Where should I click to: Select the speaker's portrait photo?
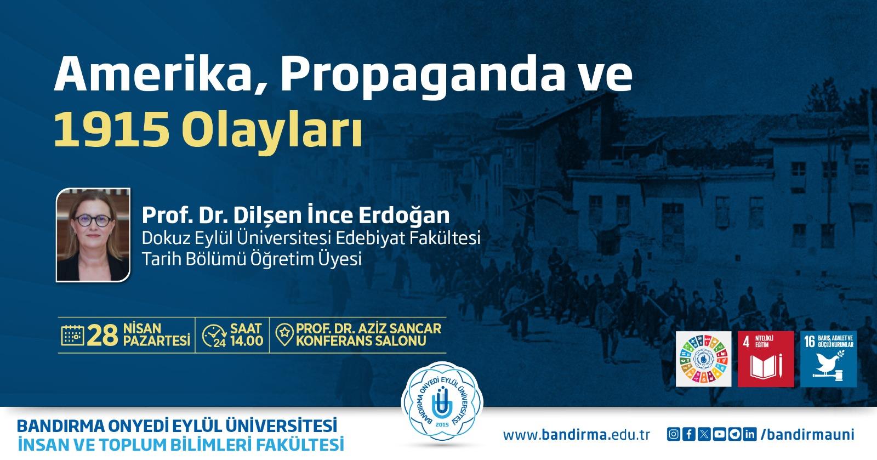coord(93,235)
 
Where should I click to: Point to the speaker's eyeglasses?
coord(93,220)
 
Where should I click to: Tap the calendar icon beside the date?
coord(72,335)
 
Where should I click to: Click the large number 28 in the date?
coord(102,336)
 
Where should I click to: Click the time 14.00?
coord(247,341)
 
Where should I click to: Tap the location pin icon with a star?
coord(284,335)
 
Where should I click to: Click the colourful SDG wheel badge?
coord(704,359)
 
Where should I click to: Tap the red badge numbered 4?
coord(766,359)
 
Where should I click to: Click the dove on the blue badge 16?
coord(828,362)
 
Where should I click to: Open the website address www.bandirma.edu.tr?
coord(576,435)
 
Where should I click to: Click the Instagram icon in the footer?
coord(674,434)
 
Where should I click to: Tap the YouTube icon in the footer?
coord(719,434)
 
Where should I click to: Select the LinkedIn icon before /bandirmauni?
coord(750,434)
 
